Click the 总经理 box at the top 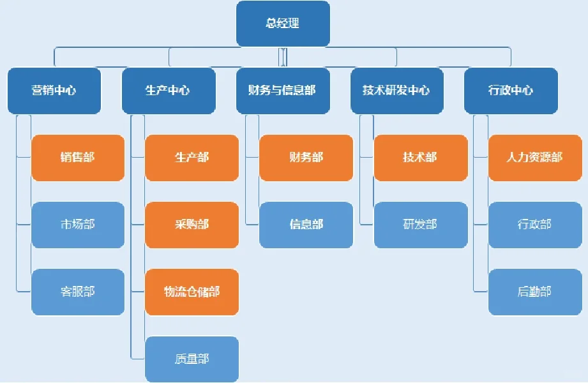click(x=283, y=24)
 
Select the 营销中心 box click(x=54, y=91)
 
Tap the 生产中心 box click(x=168, y=91)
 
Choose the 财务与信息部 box click(x=282, y=91)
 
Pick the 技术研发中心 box click(x=396, y=91)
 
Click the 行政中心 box click(x=511, y=91)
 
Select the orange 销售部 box click(x=78, y=158)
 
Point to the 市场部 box click(x=78, y=225)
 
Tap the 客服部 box click(x=78, y=292)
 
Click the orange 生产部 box click(x=192, y=158)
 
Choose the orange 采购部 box click(x=192, y=225)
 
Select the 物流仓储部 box click(x=192, y=292)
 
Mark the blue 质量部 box click(x=192, y=359)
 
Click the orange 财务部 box click(x=306, y=158)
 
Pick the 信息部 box click(x=306, y=225)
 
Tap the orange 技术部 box click(x=420, y=158)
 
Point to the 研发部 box click(x=420, y=225)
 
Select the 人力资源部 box click(x=535, y=158)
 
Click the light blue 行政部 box click(x=535, y=225)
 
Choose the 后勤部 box click(x=535, y=292)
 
